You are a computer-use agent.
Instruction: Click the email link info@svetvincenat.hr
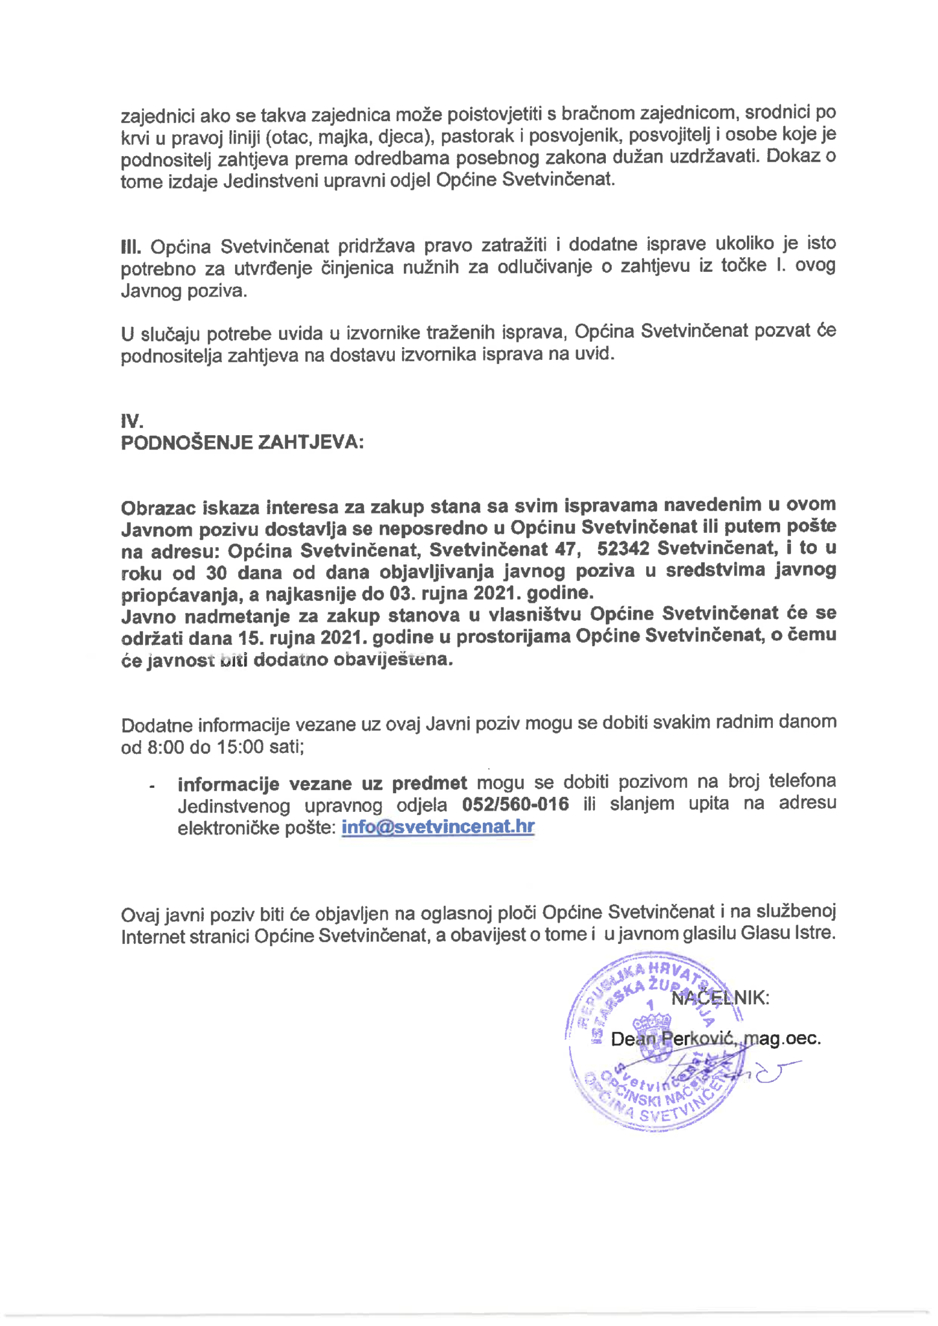[438, 827]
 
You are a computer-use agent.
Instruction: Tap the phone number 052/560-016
[516, 804]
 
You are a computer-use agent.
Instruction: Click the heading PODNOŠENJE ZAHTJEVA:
[242, 443]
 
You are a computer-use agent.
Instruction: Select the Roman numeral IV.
[131, 421]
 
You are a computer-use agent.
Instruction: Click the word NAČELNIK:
[720, 998]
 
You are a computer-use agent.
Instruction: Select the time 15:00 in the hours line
[240, 747]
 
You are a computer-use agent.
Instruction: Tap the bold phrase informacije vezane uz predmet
[322, 783]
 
